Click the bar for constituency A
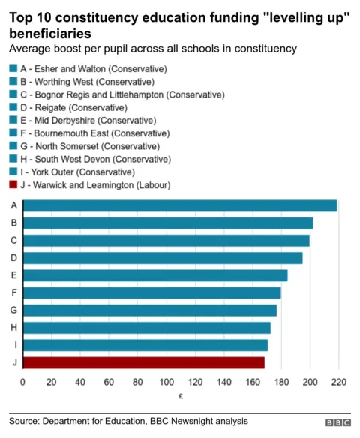tap(180, 205)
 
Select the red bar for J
tap(143, 363)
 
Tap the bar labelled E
tap(155, 275)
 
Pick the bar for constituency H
tap(146, 328)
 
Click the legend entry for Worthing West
tap(82, 82)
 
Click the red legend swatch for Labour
tap(13, 184)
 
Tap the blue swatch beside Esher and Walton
tap(13, 69)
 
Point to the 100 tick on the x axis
tap(166, 382)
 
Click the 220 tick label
tap(339, 382)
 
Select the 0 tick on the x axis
tap(22, 382)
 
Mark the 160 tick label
tap(253, 382)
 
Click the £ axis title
tap(181, 396)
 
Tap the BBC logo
tap(337, 423)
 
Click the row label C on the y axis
tap(13, 241)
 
